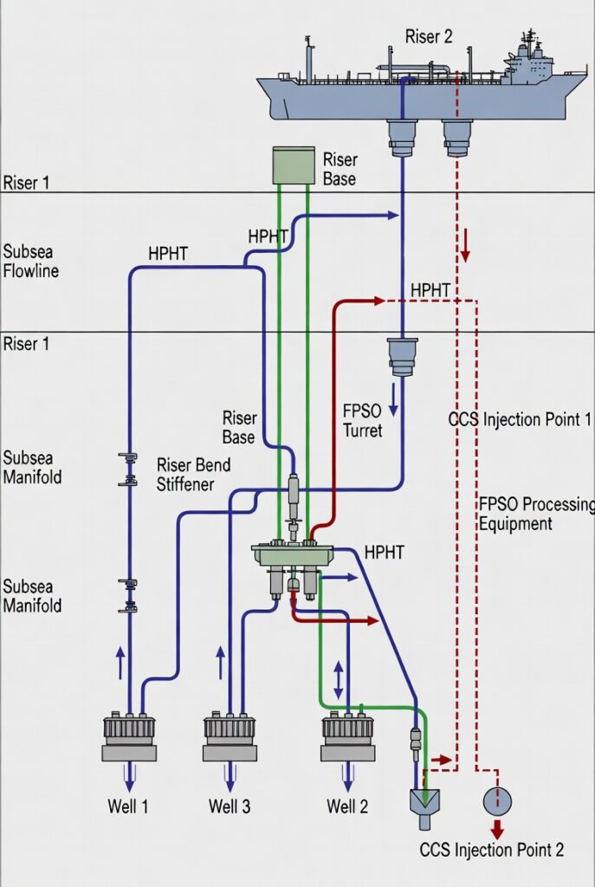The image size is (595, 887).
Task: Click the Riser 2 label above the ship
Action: coord(429,36)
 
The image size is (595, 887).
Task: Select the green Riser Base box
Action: coord(294,165)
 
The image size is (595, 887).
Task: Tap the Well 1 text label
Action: coord(129,806)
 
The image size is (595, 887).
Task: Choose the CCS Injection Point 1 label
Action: coord(520,420)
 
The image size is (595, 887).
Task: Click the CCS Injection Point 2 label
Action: coord(491,850)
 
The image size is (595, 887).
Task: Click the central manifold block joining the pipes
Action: coord(293,554)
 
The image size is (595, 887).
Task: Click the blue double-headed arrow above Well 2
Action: coord(338,680)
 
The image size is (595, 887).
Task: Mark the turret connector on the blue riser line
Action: coord(403,356)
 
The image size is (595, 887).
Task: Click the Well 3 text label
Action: coord(230,806)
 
